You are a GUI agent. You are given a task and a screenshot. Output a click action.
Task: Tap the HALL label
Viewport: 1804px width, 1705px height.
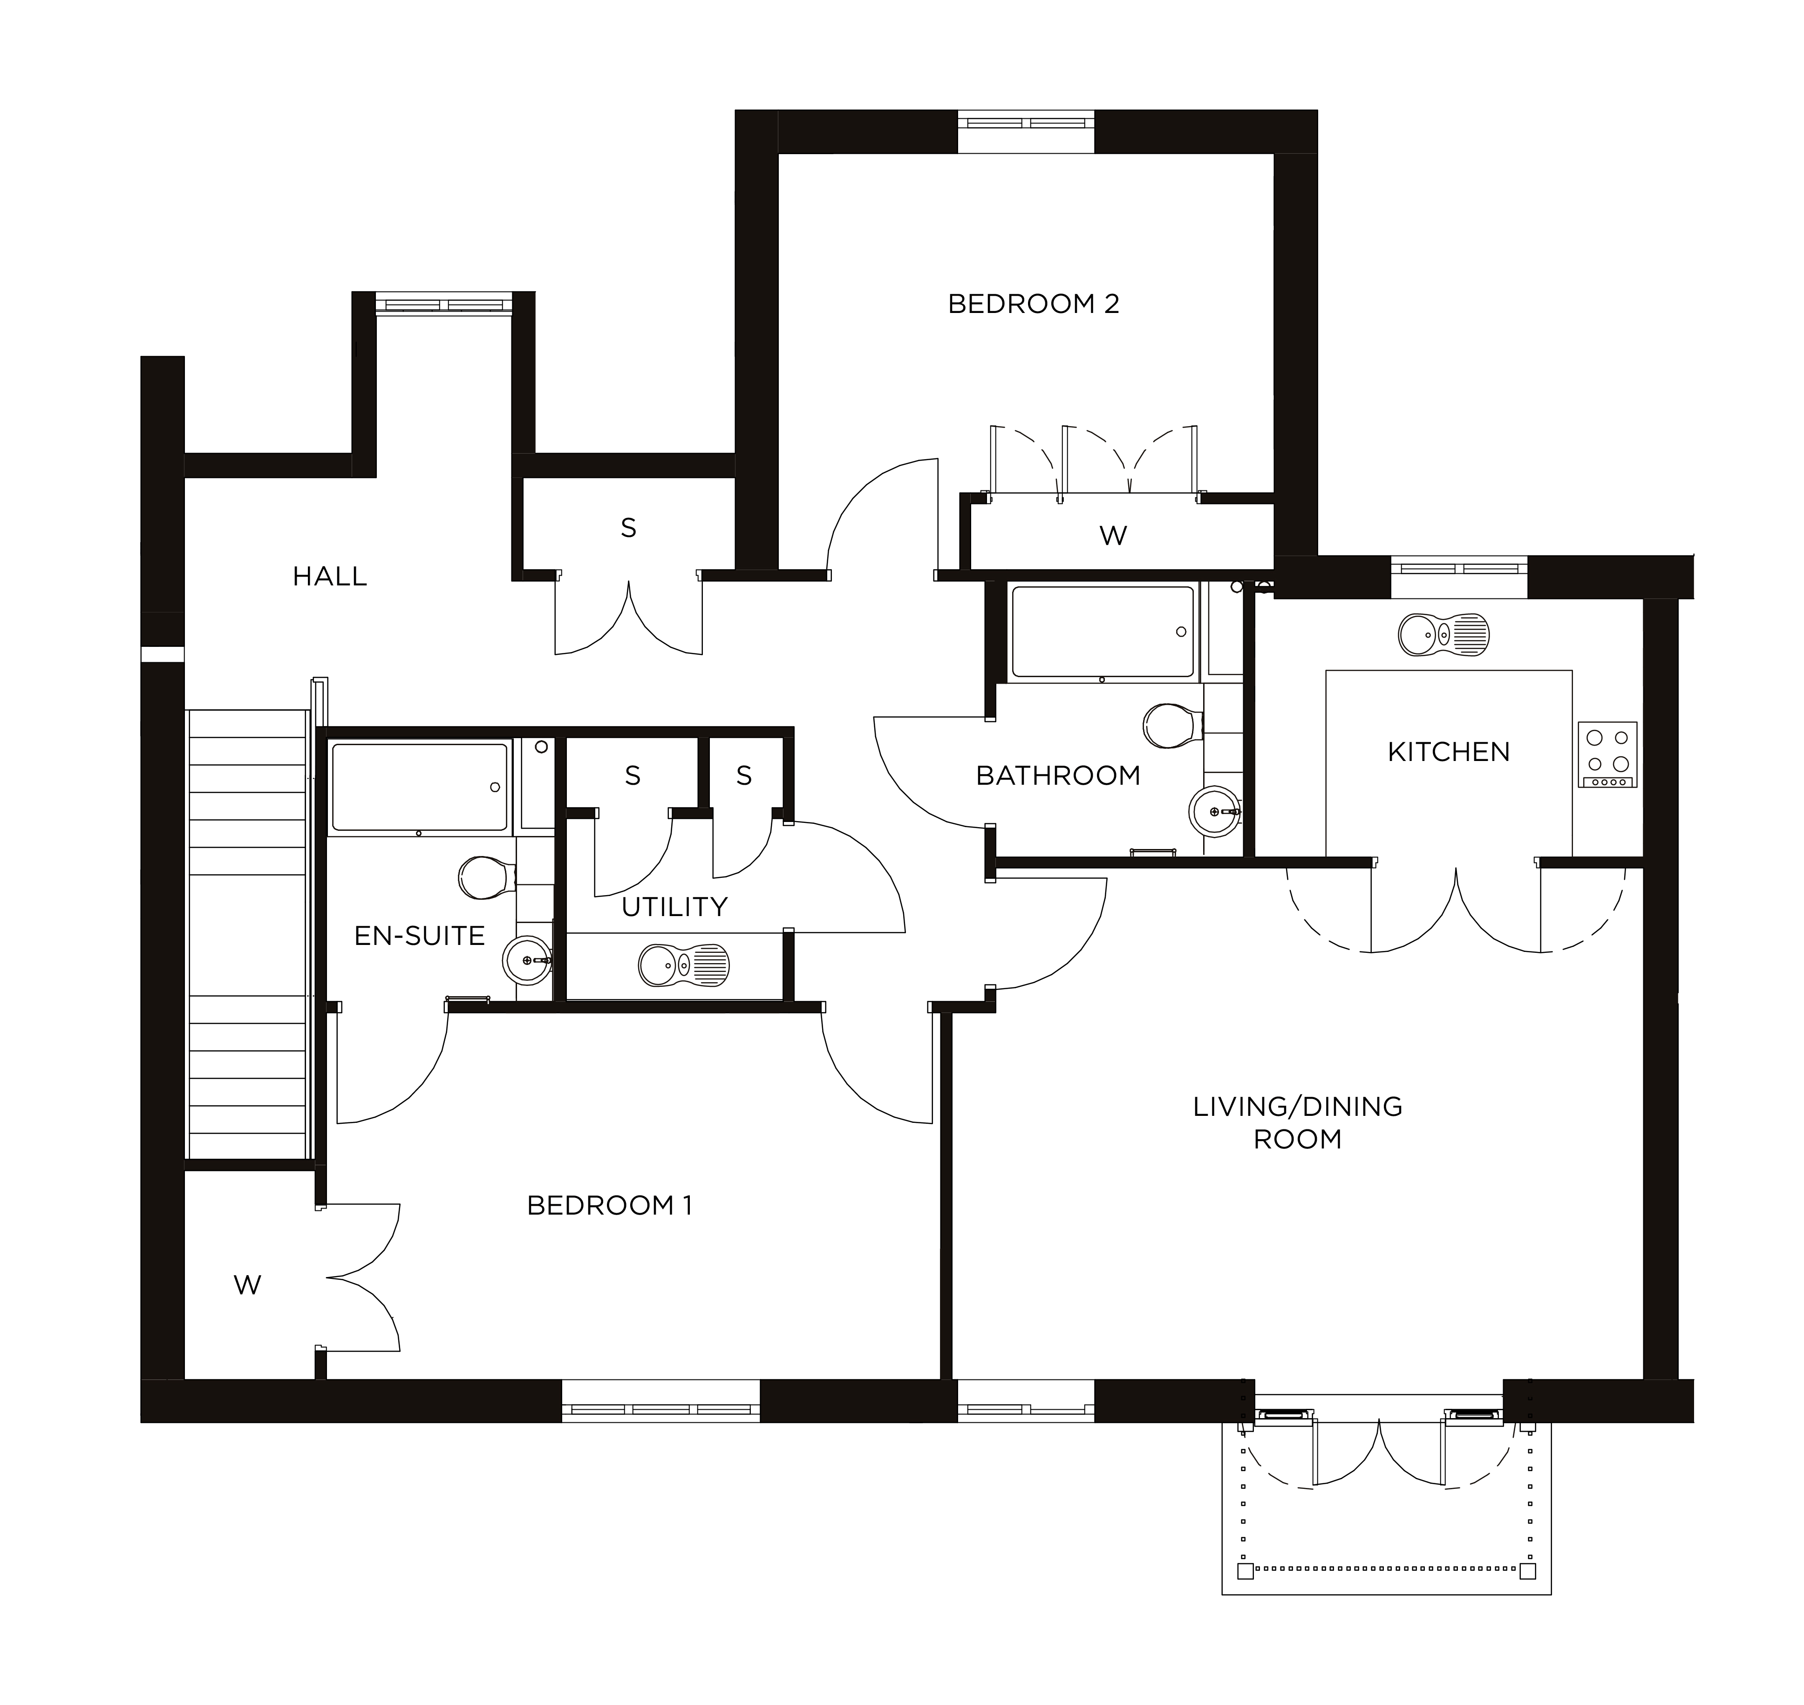pos(329,576)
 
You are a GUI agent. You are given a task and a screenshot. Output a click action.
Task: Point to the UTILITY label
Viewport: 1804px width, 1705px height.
pos(674,906)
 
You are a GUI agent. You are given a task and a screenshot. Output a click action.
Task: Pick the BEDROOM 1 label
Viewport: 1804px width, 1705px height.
pos(609,1205)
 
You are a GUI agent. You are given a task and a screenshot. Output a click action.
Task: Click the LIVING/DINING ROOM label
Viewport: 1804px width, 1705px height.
pos(1297,1122)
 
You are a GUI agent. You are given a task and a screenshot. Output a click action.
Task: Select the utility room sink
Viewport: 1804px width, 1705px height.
pos(683,965)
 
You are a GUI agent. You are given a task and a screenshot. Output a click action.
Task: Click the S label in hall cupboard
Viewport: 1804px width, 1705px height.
pos(628,528)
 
